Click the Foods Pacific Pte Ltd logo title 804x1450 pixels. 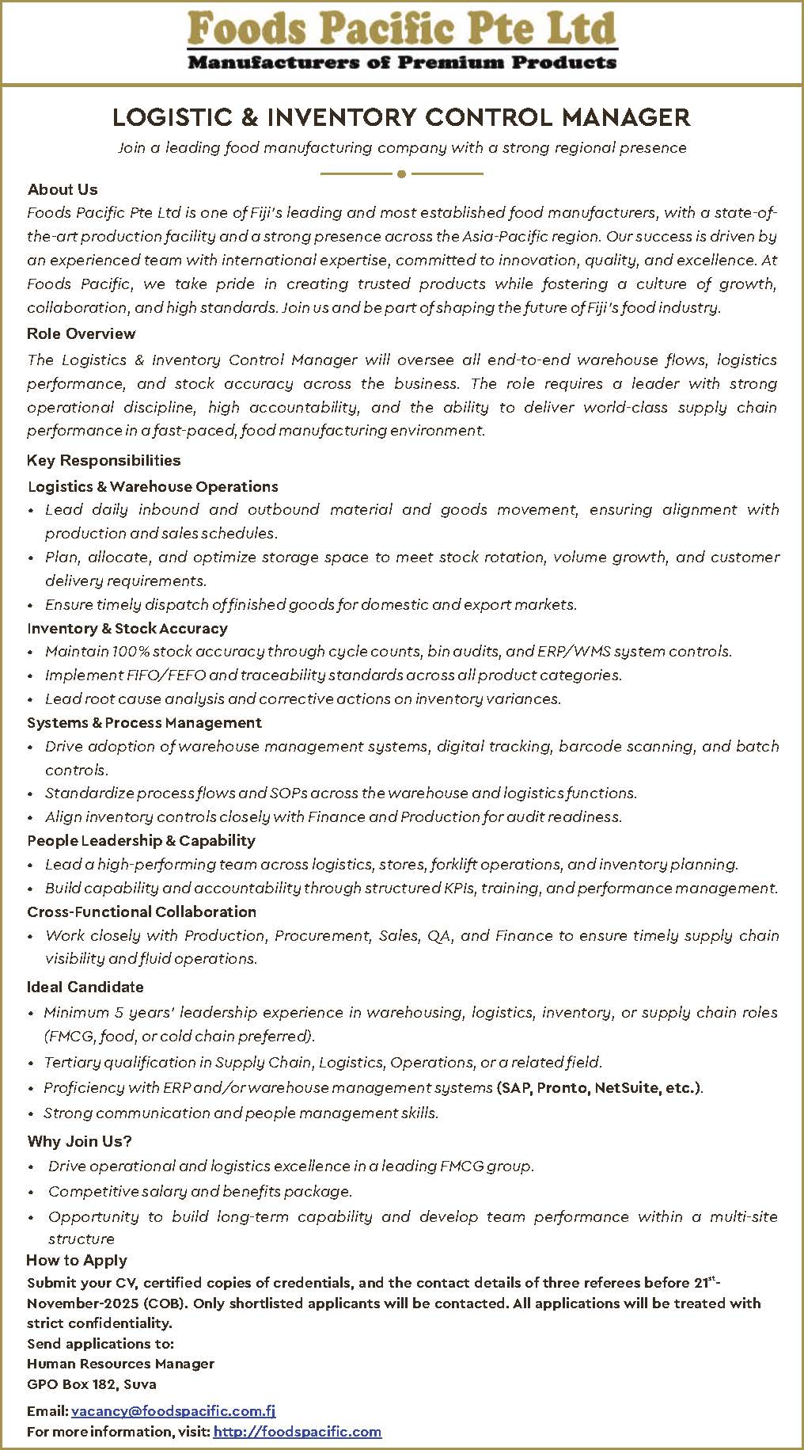click(402, 29)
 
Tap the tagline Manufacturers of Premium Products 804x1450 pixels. click(402, 62)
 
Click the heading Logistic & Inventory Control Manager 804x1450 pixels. click(402, 118)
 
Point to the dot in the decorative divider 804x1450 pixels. click(402, 173)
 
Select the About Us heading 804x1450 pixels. click(63, 189)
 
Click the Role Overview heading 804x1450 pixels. click(82, 333)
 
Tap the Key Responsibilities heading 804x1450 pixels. click(104, 460)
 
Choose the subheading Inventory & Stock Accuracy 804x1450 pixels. click(127, 628)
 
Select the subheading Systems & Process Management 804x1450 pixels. click(144, 722)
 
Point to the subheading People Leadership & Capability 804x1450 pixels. click(141, 840)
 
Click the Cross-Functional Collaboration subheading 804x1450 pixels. click(142, 911)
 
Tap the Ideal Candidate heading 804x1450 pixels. click(85, 987)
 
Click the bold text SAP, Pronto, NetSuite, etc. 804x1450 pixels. click(600, 1087)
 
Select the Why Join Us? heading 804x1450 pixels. click(79, 1141)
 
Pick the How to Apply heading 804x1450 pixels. click(77, 1260)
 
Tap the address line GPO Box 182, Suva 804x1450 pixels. click(92, 1384)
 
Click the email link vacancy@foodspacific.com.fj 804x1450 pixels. click(173, 1410)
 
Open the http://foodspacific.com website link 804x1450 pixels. click(298, 1431)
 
